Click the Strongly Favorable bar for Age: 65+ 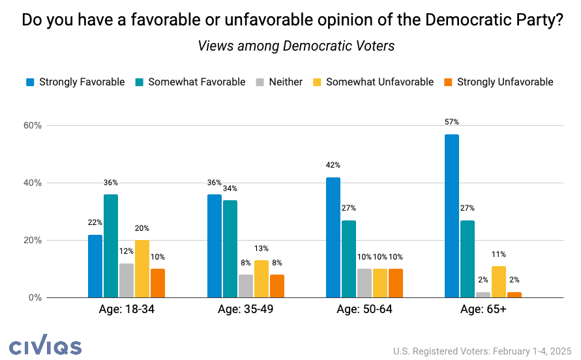coord(451,216)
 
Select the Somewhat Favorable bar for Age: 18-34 coord(111,246)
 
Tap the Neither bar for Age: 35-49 coord(246,286)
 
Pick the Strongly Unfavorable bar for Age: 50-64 coord(396,283)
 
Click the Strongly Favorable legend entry coord(75,82)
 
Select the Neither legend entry coord(278,82)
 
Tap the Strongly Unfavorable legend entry coord(499,82)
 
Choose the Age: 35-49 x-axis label coord(245,309)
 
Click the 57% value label coord(451,122)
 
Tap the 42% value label coord(333,165)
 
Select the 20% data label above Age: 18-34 coord(142,228)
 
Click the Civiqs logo coord(46,347)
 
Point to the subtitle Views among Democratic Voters coord(296,46)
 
